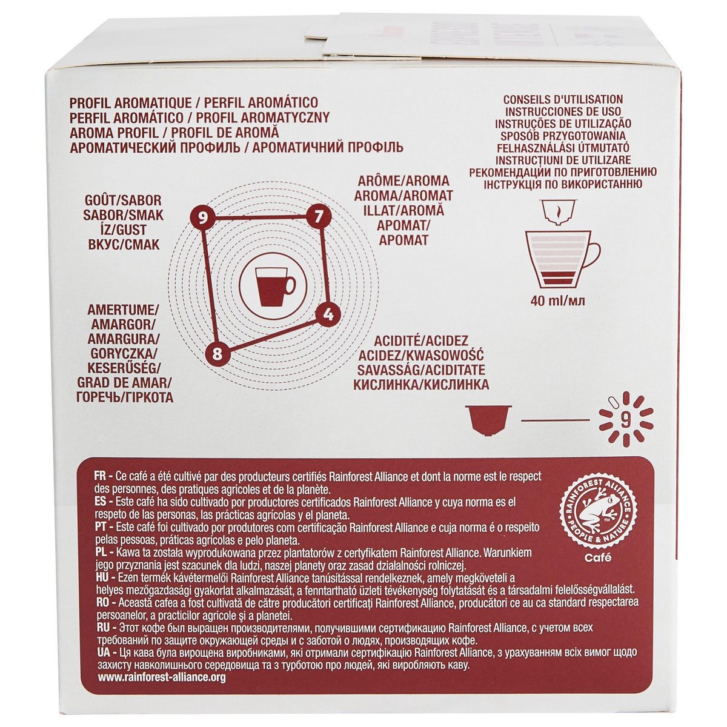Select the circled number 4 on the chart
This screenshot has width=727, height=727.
(x=328, y=314)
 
